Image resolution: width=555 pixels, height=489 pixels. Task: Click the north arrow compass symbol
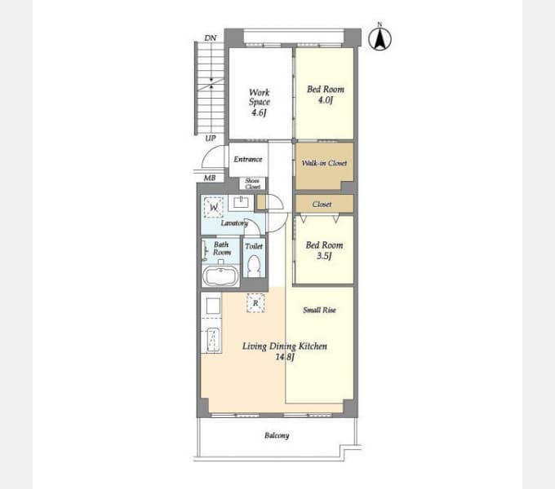coord(380,38)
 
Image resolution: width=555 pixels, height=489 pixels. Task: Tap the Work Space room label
coord(259,103)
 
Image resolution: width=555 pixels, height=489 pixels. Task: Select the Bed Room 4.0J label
coord(326,95)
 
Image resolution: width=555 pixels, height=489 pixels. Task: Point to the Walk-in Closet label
coord(324,163)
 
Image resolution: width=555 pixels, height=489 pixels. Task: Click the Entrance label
coord(248,160)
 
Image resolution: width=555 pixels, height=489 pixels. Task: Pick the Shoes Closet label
coord(252,183)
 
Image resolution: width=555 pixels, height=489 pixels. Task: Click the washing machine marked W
coord(214,207)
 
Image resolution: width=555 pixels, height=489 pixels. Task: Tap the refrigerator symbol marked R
coord(255,303)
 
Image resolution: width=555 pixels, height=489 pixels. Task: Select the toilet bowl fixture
coord(254,266)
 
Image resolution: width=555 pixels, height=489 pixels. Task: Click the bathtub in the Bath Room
coord(220,275)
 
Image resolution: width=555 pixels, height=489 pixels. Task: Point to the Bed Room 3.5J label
coord(324,250)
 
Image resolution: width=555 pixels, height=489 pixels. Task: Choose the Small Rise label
coord(319,311)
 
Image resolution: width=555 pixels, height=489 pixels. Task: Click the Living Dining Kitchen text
coord(285,346)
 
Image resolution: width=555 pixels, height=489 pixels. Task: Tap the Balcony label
coord(277,435)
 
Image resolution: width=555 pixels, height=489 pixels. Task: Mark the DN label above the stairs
coord(211,37)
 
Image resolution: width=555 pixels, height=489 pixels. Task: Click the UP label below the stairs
coord(211,139)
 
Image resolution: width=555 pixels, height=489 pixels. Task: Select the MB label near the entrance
coord(210,178)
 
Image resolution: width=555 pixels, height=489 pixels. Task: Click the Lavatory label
coord(234,223)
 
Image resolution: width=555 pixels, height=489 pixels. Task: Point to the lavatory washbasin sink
coord(242,203)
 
